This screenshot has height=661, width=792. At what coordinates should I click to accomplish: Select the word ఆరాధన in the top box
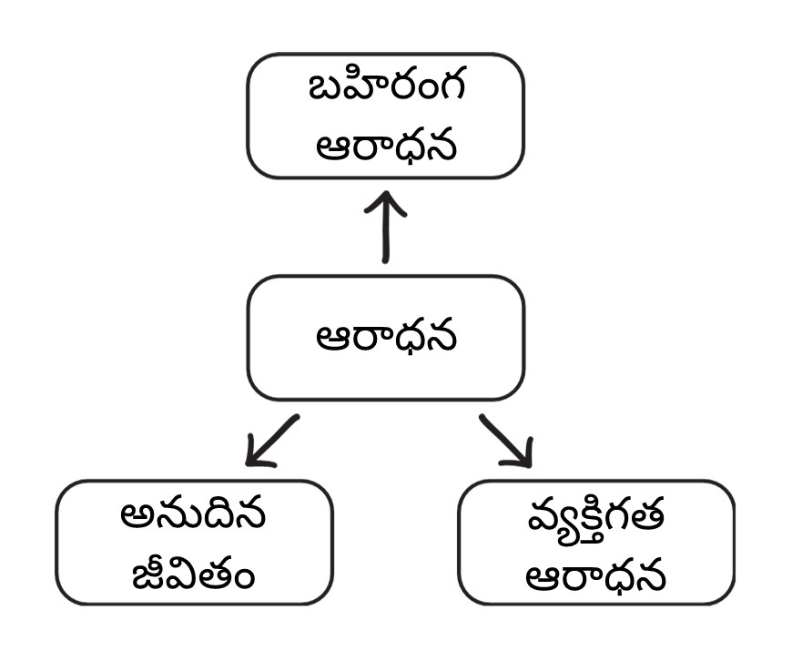coord(385,145)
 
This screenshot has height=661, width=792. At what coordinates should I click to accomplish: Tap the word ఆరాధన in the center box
coord(385,338)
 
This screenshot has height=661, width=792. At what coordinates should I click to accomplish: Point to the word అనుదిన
coord(193,516)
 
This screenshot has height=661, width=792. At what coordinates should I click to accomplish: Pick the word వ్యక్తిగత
coord(596,516)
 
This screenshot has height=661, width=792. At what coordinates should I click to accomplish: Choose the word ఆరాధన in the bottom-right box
coord(596,575)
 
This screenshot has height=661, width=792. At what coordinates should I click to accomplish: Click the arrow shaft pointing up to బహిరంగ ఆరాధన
coord(385,232)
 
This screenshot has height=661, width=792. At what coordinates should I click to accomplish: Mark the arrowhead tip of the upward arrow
coord(385,192)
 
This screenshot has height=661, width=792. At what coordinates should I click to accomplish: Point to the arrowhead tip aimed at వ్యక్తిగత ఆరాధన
coord(530,465)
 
